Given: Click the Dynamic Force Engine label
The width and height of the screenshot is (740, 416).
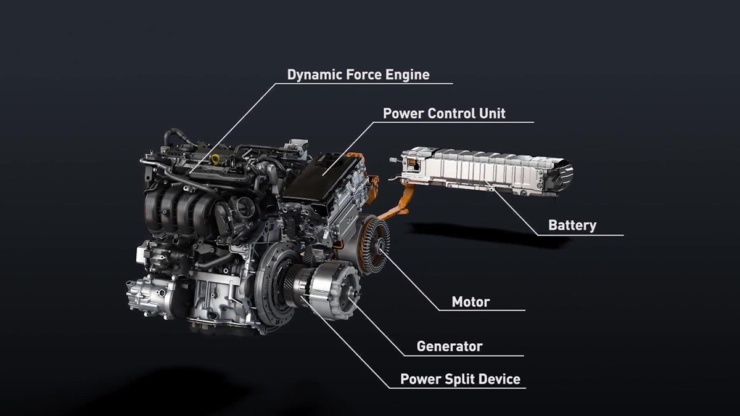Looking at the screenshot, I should point(358,75).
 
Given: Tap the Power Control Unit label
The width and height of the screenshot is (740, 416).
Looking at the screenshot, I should point(443,113).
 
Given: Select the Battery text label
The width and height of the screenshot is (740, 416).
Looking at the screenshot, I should point(572,226).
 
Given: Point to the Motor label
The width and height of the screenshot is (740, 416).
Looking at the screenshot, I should point(471,302).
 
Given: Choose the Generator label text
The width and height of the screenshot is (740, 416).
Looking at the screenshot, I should point(449,346).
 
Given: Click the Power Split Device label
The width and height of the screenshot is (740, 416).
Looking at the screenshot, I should point(460,379).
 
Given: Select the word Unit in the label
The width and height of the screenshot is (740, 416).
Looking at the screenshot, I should point(491,113).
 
